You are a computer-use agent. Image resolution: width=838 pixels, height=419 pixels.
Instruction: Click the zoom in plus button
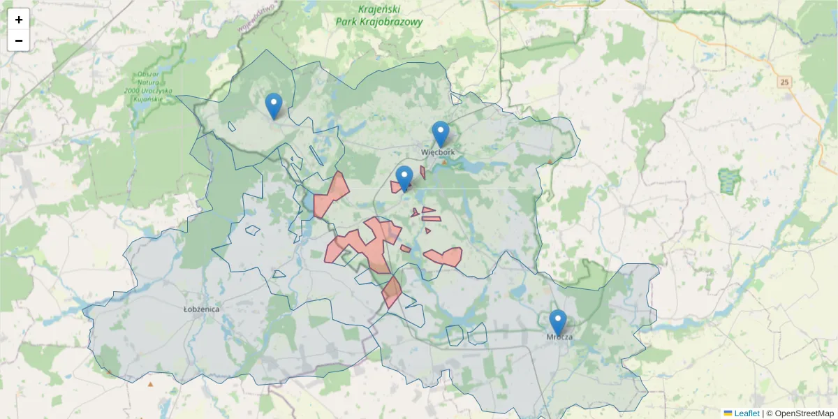pos(19,20)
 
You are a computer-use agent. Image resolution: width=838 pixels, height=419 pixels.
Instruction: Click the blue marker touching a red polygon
pos(404,179)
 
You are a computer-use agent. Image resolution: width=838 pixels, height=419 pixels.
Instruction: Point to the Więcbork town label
pos(438,152)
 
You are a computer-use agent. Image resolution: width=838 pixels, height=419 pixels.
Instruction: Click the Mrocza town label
pos(559,337)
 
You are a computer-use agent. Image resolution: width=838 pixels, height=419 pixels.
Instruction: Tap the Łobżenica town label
pos(201,309)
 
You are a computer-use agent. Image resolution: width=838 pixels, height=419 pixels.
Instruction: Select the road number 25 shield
pos(786,82)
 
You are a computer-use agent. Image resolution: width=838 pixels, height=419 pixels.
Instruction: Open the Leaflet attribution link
pos(747,413)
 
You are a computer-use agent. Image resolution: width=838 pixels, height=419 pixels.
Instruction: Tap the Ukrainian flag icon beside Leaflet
pos(728,413)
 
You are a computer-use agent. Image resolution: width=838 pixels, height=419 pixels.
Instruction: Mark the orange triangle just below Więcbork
pos(444,162)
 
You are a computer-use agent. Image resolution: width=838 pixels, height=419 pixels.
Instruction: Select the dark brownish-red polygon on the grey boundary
pos(391,291)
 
